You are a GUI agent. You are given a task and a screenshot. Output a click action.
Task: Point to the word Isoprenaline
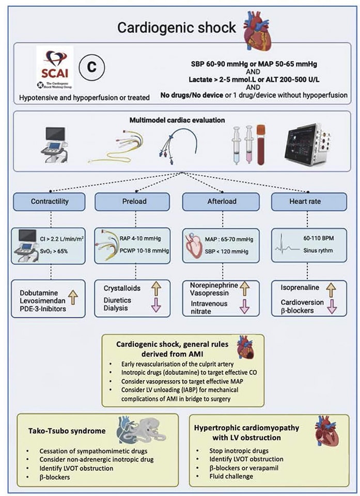click(298, 287)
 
